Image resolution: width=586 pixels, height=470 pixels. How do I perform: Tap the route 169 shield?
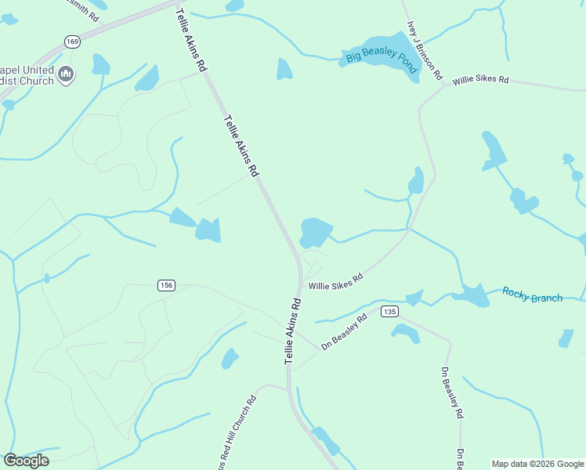pyautogui.click(x=72, y=42)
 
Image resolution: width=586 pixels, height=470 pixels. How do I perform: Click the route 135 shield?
pyautogui.click(x=390, y=312)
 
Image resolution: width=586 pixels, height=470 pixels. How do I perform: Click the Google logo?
pyautogui.click(x=26, y=461)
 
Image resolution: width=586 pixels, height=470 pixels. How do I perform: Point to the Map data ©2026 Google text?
pyautogui.click(x=537, y=464)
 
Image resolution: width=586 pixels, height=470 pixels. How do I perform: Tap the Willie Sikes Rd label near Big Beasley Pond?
pyautogui.click(x=481, y=79)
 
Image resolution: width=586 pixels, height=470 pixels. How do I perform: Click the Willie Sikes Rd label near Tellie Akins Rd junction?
pyautogui.click(x=335, y=282)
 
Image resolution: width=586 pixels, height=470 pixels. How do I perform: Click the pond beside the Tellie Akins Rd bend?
pyautogui.click(x=316, y=231)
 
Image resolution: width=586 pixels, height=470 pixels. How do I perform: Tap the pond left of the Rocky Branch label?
pyautogui.click(x=472, y=295)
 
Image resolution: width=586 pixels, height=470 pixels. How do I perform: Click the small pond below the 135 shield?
pyautogui.click(x=406, y=334)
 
